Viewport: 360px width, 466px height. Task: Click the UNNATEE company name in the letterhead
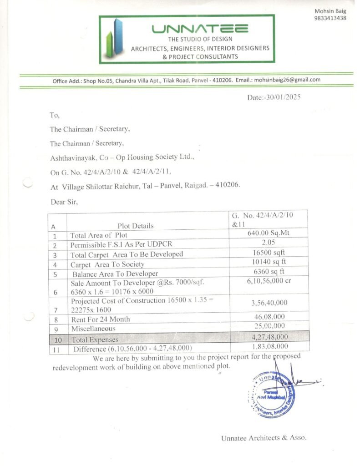[x=200, y=29]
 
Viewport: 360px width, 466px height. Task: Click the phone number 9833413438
[x=330, y=18]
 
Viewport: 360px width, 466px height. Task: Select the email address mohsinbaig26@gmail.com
[x=287, y=80]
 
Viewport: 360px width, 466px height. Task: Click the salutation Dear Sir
[x=64, y=202]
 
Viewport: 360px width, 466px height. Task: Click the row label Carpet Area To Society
[x=107, y=264]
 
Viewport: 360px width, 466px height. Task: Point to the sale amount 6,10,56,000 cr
[x=269, y=281]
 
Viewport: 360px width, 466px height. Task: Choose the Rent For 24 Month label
[x=100, y=319]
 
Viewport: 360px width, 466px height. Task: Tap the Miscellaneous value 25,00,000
[x=269, y=326]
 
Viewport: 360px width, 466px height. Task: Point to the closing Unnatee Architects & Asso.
[x=264, y=438]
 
